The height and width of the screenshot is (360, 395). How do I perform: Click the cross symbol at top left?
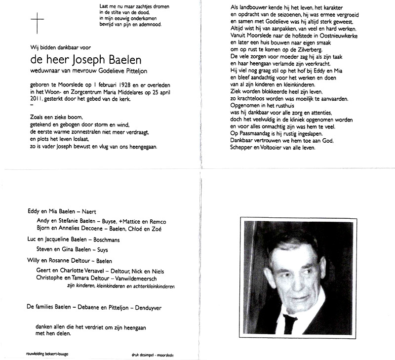[x=38, y=23]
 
